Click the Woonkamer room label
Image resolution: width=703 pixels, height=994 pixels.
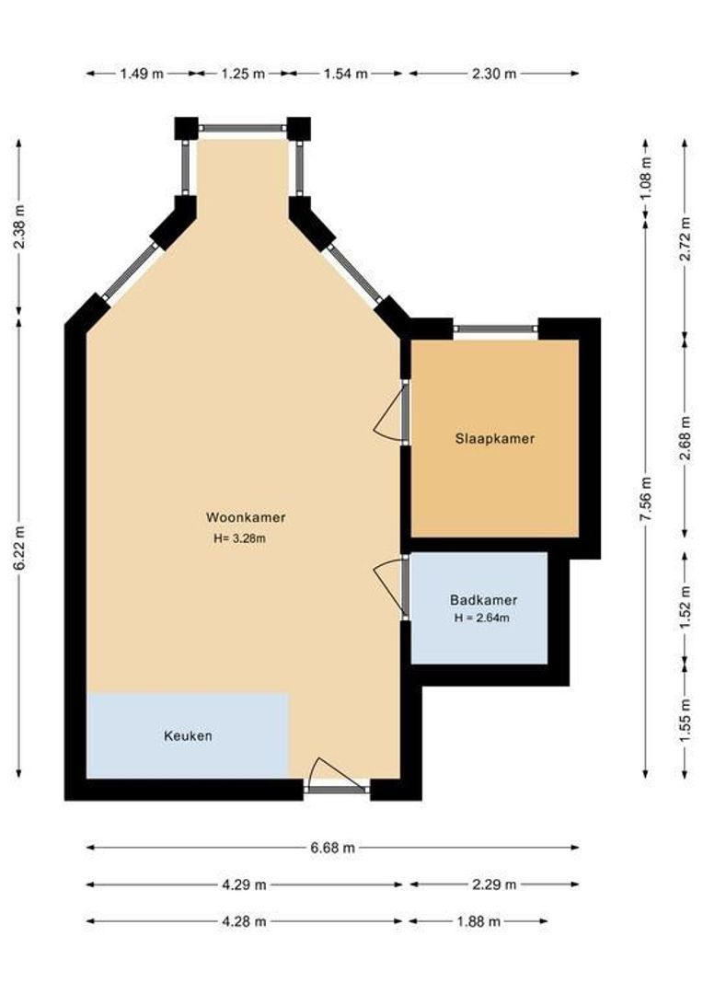246,517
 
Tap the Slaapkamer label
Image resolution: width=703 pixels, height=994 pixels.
494,438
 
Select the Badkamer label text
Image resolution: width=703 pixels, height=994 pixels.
483,600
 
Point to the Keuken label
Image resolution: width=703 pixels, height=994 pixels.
188,736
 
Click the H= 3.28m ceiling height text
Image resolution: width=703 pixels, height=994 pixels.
239,539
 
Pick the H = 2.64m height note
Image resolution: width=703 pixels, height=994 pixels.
482,618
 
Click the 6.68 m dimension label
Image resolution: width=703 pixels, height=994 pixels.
333,848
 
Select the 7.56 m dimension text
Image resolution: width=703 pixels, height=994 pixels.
645,500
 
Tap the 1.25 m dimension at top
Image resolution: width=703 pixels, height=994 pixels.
243,74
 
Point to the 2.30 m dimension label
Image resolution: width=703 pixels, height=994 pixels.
494,74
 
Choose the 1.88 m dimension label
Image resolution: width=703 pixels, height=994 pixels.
478,921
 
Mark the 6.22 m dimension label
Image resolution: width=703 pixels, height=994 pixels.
19,548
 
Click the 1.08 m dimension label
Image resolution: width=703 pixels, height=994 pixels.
645,178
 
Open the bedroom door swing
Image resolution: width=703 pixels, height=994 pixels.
391,412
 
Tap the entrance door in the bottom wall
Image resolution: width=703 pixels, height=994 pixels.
337,775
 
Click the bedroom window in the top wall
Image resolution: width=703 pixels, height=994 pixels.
496,329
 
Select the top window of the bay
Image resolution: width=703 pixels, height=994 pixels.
242,127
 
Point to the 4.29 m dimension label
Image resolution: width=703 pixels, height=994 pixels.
244,884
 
